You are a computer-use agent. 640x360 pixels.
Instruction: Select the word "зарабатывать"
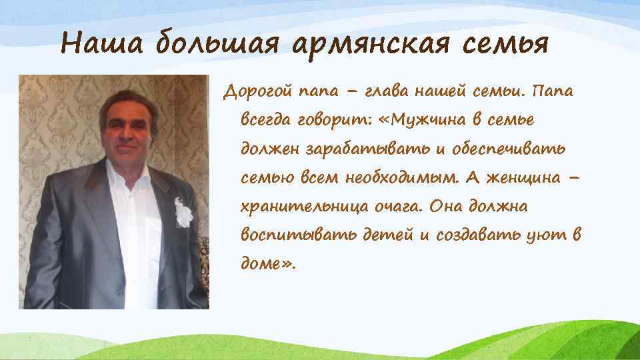359,149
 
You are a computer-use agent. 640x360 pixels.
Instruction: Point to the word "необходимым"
400,178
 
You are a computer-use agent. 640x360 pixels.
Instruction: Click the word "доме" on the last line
261,264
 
